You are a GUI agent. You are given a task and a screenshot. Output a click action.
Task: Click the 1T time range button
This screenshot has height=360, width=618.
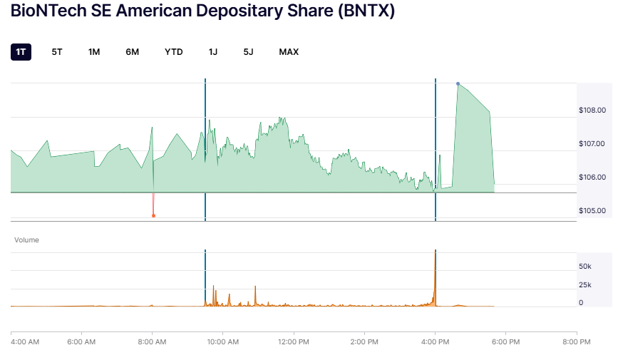[x=21, y=52]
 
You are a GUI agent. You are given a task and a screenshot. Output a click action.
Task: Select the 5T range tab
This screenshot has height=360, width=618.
[x=57, y=52]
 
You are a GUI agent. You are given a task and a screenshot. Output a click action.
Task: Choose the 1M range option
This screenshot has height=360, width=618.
[x=94, y=52]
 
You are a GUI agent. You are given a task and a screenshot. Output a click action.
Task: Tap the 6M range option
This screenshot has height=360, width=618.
[x=132, y=52]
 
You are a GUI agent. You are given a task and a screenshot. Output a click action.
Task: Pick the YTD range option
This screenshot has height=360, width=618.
[x=174, y=52]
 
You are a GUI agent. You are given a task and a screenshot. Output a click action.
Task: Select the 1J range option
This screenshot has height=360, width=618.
[x=213, y=52]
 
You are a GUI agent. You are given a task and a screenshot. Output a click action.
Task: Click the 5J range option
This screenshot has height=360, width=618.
[x=248, y=52]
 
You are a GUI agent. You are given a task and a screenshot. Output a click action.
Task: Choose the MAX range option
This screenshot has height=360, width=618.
[x=289, y=52]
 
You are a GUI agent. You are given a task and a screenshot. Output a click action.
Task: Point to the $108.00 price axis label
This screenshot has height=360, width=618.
[x=592, y=110]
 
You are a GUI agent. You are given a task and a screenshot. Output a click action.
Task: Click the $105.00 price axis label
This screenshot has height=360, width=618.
[x=592, y=211]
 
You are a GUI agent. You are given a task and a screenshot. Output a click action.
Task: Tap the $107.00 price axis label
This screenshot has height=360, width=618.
[x=592, y=144]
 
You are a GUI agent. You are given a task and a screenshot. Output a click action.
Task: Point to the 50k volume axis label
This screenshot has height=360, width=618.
[x=585, y=267]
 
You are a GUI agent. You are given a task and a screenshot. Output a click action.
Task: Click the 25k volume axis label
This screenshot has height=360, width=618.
[x=585, y=285]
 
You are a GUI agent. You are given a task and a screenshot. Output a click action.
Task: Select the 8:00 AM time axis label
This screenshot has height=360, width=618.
[x=153, y=341]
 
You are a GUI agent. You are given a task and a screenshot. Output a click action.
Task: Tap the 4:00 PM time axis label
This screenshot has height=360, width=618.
[x=435, y=341]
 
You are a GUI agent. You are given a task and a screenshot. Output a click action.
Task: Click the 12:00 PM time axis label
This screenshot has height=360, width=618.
[x=293, y=341]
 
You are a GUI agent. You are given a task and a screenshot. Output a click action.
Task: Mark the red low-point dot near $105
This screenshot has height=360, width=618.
[x=153, y=215]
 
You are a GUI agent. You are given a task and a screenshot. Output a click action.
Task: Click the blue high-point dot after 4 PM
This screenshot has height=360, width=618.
[x=458, y=83]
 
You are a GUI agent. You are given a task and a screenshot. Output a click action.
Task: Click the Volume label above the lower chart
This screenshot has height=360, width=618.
[x=27, y=240]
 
